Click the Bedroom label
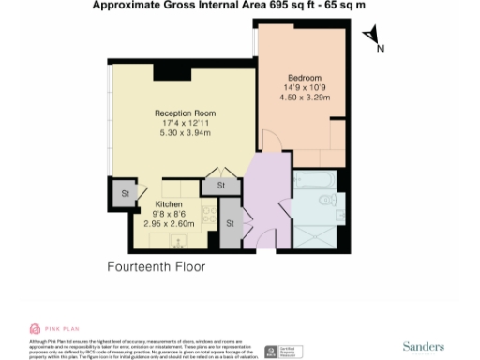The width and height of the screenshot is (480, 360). (305, 77)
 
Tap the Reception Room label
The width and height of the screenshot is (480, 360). (185, 112)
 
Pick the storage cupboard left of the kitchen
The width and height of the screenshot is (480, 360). (124, 193)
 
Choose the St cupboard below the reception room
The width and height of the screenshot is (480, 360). (221, 187)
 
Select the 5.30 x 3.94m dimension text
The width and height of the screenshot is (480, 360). (185, 133)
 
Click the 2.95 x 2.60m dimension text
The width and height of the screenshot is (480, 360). (169, 224)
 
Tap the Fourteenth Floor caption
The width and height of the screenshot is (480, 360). (157, 266)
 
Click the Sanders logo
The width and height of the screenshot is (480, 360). (424, 346)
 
